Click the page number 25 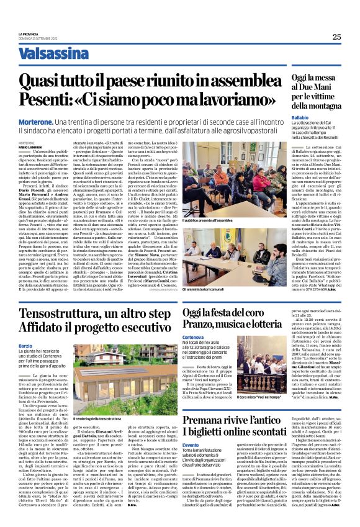336,37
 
